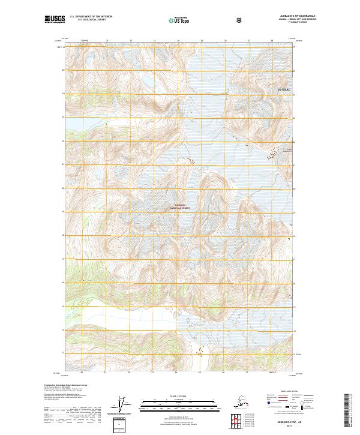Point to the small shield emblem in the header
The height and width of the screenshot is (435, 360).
[x=239, y=20]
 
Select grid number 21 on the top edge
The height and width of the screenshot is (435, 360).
[x=107, y=41]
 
